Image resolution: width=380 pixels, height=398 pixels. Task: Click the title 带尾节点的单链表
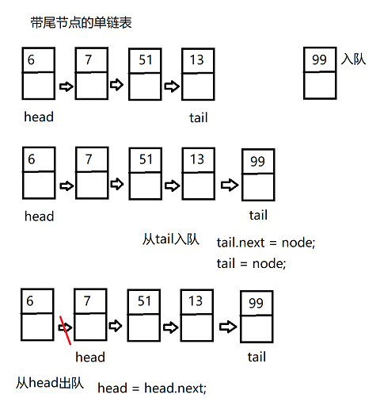80,23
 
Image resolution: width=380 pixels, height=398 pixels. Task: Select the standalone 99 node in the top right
320,73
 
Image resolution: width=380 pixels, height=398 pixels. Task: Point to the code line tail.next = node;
265,243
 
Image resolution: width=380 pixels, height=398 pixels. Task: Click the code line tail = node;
251,263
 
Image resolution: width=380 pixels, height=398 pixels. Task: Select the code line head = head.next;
151,387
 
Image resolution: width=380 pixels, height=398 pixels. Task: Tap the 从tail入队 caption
170,238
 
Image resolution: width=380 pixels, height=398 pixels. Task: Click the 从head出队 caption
48,381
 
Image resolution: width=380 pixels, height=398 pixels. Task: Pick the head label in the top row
39,117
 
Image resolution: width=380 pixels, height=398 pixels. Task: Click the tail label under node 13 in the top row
198,118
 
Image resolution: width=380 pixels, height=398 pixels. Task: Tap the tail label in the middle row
258,215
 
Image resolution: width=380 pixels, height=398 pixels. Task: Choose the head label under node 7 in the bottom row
90,357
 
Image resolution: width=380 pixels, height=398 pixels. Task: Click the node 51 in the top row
145,72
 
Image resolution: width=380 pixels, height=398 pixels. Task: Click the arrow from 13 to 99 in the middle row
228,184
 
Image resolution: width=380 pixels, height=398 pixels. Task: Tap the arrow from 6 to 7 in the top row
65,85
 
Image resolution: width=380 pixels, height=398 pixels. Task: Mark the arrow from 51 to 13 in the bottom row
171,325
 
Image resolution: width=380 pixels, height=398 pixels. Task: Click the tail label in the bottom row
256,357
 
